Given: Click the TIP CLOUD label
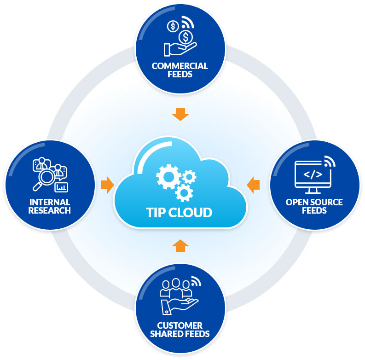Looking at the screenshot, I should point(180,212).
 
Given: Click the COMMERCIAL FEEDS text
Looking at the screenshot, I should point(180,70).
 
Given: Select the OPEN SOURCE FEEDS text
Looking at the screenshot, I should point(314,206).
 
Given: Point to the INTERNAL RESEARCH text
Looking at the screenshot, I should point(50,206).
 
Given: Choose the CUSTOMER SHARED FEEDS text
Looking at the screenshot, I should point(180,330).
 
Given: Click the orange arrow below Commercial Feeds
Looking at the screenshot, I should point(180,114).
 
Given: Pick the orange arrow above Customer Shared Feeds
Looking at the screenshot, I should point(180,246).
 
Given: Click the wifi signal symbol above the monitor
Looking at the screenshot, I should point(329,162).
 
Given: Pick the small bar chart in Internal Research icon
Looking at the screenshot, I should point(61,186).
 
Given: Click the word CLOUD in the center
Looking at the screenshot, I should point(193,212).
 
